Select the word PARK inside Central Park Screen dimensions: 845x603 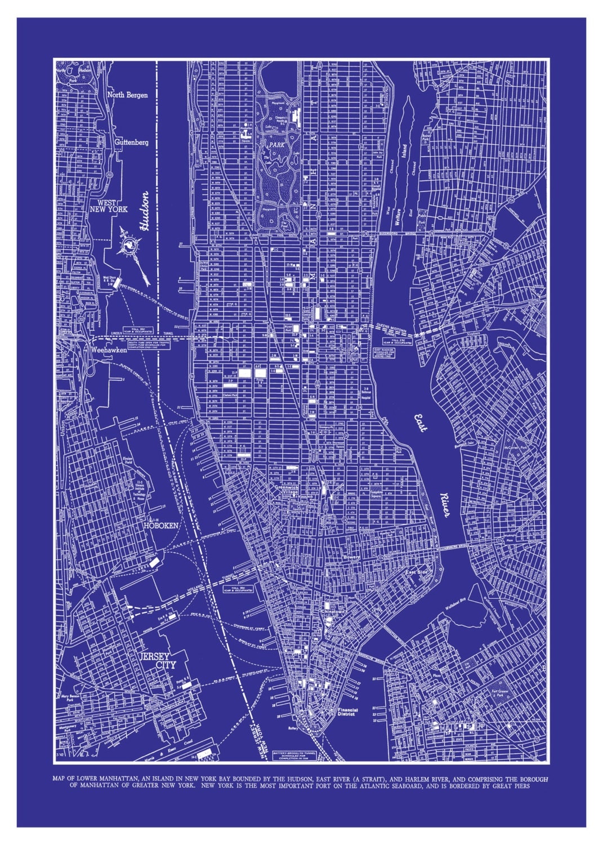(276, 145)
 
